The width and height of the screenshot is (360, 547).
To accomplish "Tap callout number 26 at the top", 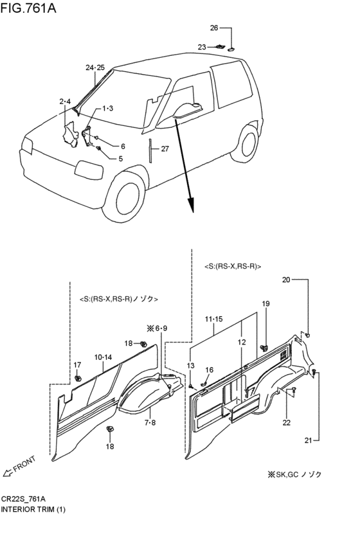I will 214,28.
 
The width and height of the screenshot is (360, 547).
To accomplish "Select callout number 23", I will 201,47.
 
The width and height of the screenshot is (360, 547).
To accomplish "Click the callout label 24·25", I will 94,67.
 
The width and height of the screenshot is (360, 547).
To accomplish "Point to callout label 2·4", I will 65,102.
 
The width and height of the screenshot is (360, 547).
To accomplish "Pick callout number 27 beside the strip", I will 165,148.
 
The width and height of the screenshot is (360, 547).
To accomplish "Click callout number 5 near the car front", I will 120,158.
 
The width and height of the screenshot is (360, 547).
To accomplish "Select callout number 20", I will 286,280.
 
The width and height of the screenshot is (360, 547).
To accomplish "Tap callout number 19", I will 265,303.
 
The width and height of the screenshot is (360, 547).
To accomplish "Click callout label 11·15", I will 213,319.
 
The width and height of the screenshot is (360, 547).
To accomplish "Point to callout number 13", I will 190,366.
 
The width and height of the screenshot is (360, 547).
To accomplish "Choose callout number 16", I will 209,370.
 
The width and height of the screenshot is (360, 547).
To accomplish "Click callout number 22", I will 286,422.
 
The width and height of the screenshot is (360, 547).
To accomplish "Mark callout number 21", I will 308,440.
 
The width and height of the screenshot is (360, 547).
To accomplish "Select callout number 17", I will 77,365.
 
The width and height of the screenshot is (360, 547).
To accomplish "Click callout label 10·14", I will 103,356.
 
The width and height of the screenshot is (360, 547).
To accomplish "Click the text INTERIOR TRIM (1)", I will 33,509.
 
